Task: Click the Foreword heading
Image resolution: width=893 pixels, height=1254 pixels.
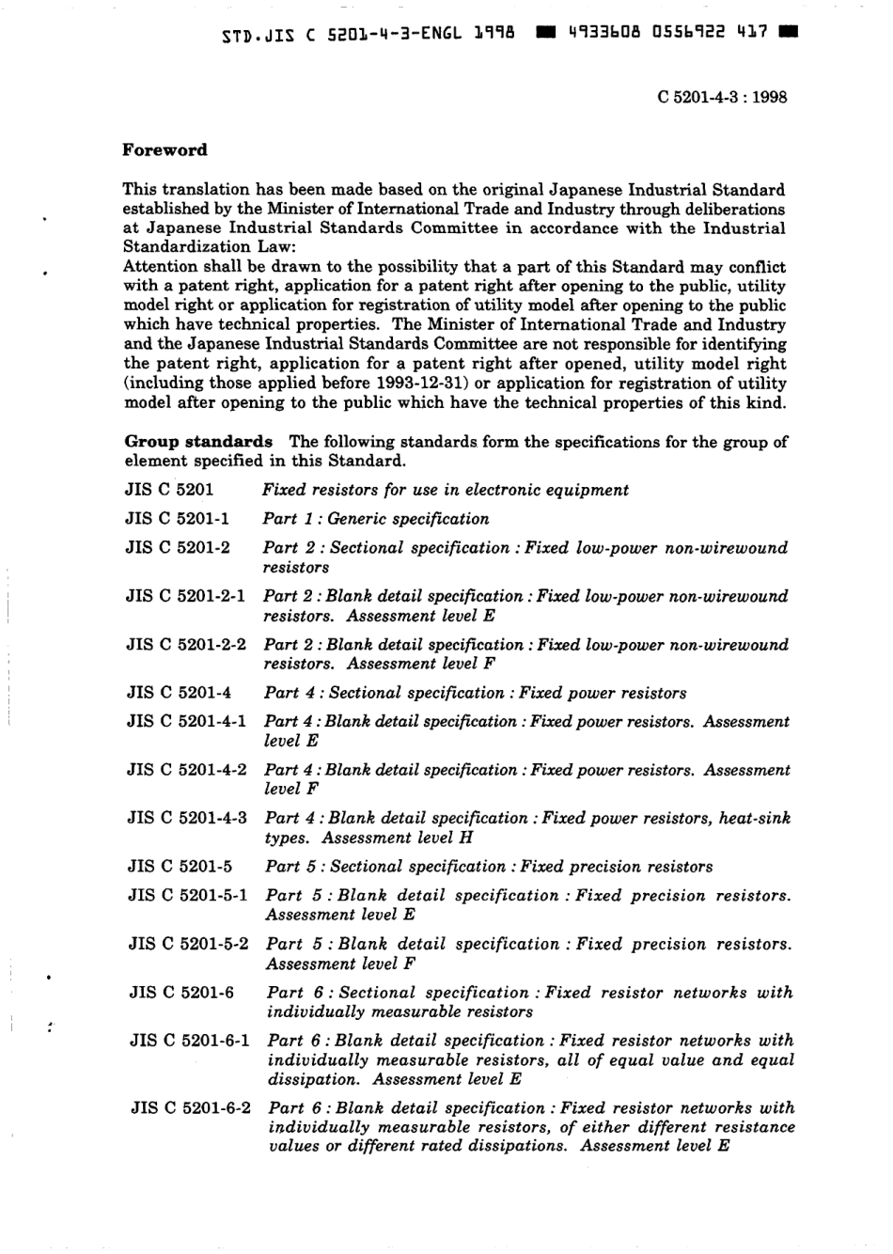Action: pos(165,150)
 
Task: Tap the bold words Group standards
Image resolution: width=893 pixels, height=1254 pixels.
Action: pos(198,442)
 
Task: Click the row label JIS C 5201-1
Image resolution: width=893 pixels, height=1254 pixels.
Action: pos(178,519)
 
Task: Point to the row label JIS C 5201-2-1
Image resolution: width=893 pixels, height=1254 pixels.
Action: pos(186,596)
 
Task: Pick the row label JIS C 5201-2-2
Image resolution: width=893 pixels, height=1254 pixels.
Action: pos(186,645)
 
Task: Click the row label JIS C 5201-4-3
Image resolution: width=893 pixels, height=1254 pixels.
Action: pos(187,818)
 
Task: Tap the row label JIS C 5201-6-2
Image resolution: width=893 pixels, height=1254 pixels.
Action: pos(191,1108)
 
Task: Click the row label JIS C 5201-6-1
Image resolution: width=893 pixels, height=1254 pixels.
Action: pos(190,1041)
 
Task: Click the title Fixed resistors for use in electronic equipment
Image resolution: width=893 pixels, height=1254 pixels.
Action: pos(446,490)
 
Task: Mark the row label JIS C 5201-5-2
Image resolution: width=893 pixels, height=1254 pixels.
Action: pos(188,944)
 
